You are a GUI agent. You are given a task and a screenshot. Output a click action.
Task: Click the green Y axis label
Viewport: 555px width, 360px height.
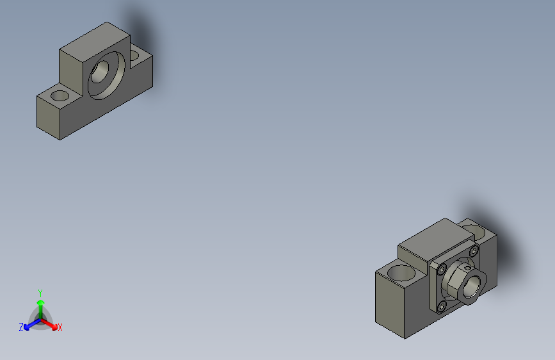[40, 292]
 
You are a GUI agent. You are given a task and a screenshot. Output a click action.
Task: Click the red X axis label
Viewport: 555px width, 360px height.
[60, 328]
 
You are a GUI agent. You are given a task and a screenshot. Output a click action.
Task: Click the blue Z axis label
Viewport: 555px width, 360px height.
[21, 327]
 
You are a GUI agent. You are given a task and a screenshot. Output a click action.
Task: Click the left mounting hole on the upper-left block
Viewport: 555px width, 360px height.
[60, 95]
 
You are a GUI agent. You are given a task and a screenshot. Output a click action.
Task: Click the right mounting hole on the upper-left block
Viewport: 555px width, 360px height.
[135, 56]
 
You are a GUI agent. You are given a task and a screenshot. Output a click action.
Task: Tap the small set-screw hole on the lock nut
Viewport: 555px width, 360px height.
[467, 267]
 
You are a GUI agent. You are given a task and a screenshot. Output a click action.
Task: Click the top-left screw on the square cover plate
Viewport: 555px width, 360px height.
[442, 270]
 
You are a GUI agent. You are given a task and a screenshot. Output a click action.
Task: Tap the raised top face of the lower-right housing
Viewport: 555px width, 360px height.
[428, 240]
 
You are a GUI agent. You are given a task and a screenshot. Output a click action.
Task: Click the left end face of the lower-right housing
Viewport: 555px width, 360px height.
[390, 304]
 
